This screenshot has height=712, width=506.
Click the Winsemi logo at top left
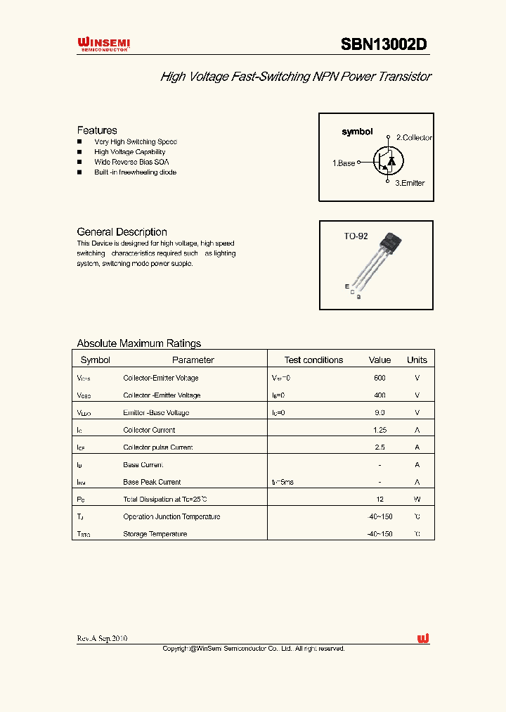coord(103,45)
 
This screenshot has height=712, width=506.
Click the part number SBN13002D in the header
coord(384,45)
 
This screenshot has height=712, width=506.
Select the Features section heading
coord(97,130)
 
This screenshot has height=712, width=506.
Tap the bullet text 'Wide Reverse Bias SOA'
coord(131,162)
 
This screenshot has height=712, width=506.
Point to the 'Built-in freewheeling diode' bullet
coord(135,172)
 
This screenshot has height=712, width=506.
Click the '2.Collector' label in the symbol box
coord(414,138)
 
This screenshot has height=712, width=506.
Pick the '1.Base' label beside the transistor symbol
coord(344,163)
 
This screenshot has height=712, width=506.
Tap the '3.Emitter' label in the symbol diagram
coord(409,183)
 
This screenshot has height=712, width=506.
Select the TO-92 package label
coord(356,236)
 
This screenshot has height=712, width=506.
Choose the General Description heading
coord(122,232)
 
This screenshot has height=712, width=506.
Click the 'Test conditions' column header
coord(313,360)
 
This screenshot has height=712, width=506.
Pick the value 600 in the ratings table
coord(379,378)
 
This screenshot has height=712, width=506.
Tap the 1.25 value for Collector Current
coord(379,430)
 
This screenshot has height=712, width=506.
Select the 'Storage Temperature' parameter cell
coord(155,534)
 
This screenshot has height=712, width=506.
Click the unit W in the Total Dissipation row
coord(417,500)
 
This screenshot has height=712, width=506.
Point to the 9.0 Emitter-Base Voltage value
coord(379,413)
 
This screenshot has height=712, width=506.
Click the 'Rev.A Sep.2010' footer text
coord(102,638)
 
